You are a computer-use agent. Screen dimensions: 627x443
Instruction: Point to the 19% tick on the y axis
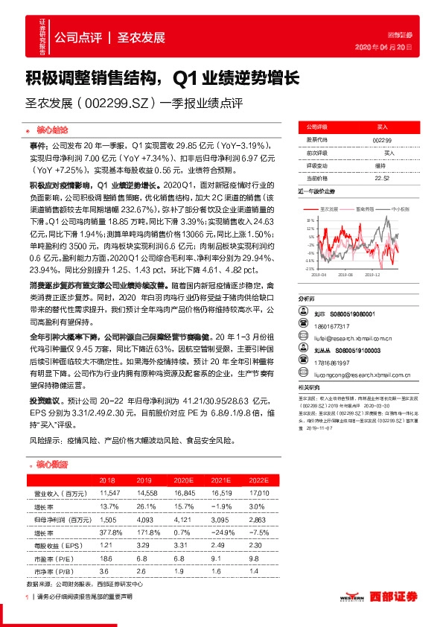tap(309, 221)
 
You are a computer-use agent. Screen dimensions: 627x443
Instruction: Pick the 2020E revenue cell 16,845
tap(183, 493)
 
